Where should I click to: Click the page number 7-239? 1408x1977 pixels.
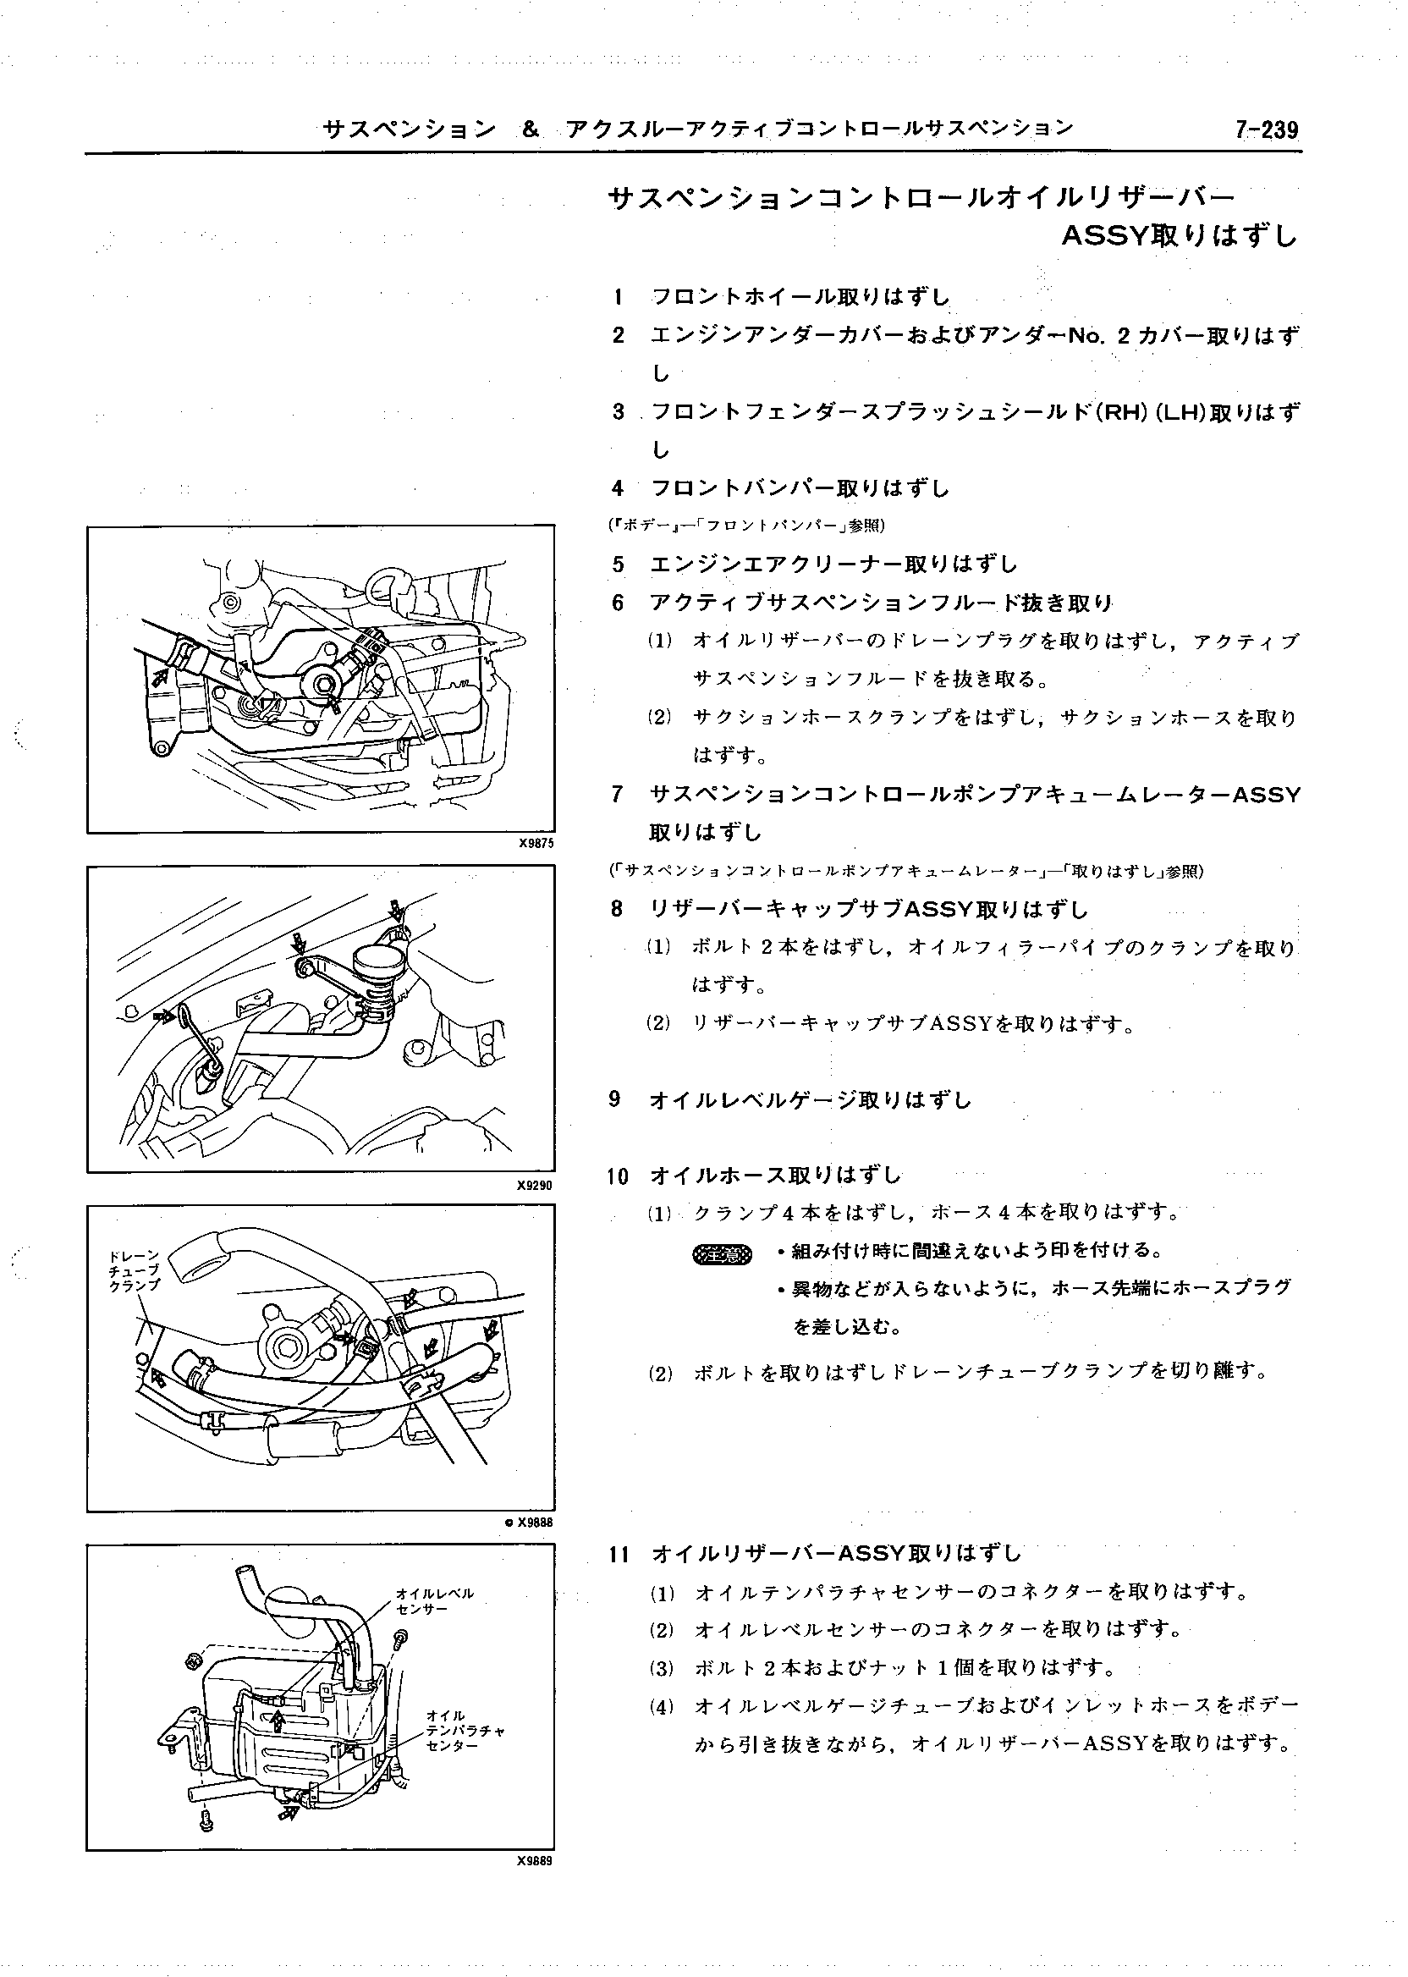[x=1267, y=130]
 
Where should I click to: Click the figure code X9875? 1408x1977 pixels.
[x=535, y=843]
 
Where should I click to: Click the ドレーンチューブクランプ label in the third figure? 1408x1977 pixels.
[x=135, y=1270]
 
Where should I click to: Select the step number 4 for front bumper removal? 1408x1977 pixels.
[x=618, y=489]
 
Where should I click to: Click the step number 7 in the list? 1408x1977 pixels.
[x=618, y=794]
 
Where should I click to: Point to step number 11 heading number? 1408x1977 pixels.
[x=619, y=1554]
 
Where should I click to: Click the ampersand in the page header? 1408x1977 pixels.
[x=531, y=130]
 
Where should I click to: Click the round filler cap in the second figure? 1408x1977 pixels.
[x=373, y=961]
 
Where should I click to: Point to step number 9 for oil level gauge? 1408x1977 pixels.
[x=615, y=1099]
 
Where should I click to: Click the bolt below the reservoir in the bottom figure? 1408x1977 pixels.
[x=206, y=1820]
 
